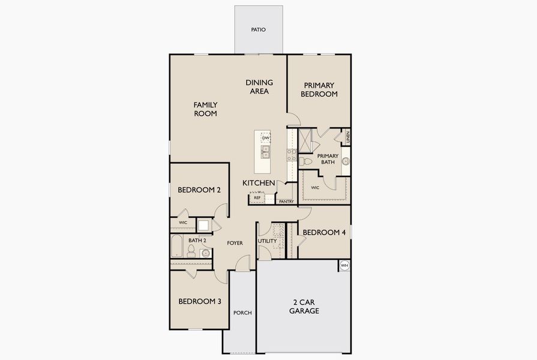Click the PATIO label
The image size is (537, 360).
coord(258,29)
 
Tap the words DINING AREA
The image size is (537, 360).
coord(259,87)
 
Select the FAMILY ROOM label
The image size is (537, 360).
coord(205,109)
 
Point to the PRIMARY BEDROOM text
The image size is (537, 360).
coord(319,89)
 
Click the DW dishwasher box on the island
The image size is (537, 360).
coord(265,138)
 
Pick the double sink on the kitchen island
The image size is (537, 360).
coord(265,152)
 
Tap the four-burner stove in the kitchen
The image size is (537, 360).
coord(292,155)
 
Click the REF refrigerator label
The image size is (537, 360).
coord(257,197)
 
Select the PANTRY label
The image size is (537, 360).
coord(286,202)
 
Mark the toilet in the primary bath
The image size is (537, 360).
coord(306,161)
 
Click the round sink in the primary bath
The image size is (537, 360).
coord(346,161)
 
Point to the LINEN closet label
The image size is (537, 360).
coord(347,137)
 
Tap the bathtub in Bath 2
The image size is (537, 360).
coord(177,246)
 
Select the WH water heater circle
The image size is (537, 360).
coord(344,265)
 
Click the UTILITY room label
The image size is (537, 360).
coord(267,241)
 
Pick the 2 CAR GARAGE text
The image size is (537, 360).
coord(304,307)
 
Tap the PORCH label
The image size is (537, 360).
coord(242,313)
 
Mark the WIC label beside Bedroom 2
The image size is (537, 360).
coord(182,223)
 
